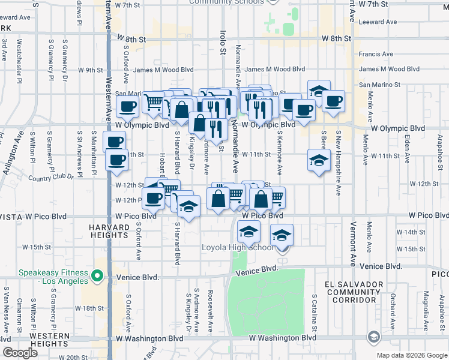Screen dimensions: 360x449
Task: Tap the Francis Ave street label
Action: pyautogui.click(x=376, y=54)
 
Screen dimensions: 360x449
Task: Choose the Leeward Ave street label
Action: pyautogui.click(x=378, y=22)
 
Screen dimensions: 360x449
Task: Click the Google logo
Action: pyautogui.click(x=20, y=353)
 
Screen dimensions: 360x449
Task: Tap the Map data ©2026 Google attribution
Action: pyautogui.click(x=411, y=355)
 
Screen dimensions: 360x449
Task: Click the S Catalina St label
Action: pyautogui.click(x=314, y=312)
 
